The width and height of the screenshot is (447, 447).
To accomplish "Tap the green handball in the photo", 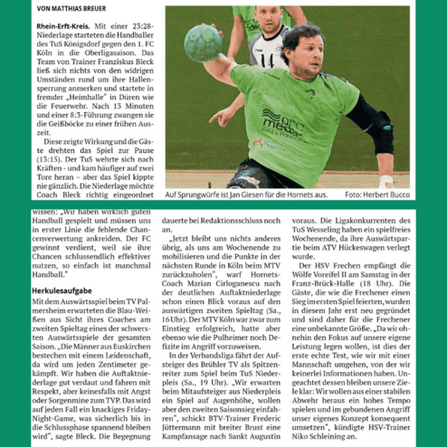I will [x=204, y=43].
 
